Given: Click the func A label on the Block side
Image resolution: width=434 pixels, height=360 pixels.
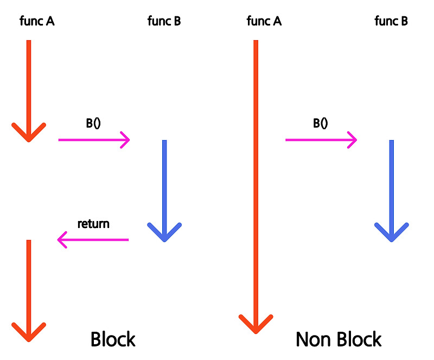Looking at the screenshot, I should [x=37, y=22].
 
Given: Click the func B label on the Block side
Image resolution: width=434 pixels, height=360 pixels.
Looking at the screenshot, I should [x=164, y=22].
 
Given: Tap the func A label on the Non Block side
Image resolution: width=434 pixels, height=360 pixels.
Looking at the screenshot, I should [x=264, y=22].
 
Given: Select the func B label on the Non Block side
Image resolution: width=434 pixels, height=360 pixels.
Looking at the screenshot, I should [x=391, y=22].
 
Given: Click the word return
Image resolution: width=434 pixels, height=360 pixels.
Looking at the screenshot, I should [x=93, y=223].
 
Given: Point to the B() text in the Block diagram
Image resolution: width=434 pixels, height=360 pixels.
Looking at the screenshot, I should [x=93, y=123].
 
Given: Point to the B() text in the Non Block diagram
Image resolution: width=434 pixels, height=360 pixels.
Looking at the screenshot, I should [x=320, y=123].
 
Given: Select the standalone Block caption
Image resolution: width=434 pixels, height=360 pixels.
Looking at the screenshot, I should [x=113, y=339].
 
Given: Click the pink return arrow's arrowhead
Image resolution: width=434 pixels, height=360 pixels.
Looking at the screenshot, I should [x=61, y=239].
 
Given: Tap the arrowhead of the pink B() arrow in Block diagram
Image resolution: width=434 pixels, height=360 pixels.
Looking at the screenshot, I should [x=127, y=140].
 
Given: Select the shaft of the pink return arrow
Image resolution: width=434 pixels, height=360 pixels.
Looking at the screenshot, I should [x=98, y=239].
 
